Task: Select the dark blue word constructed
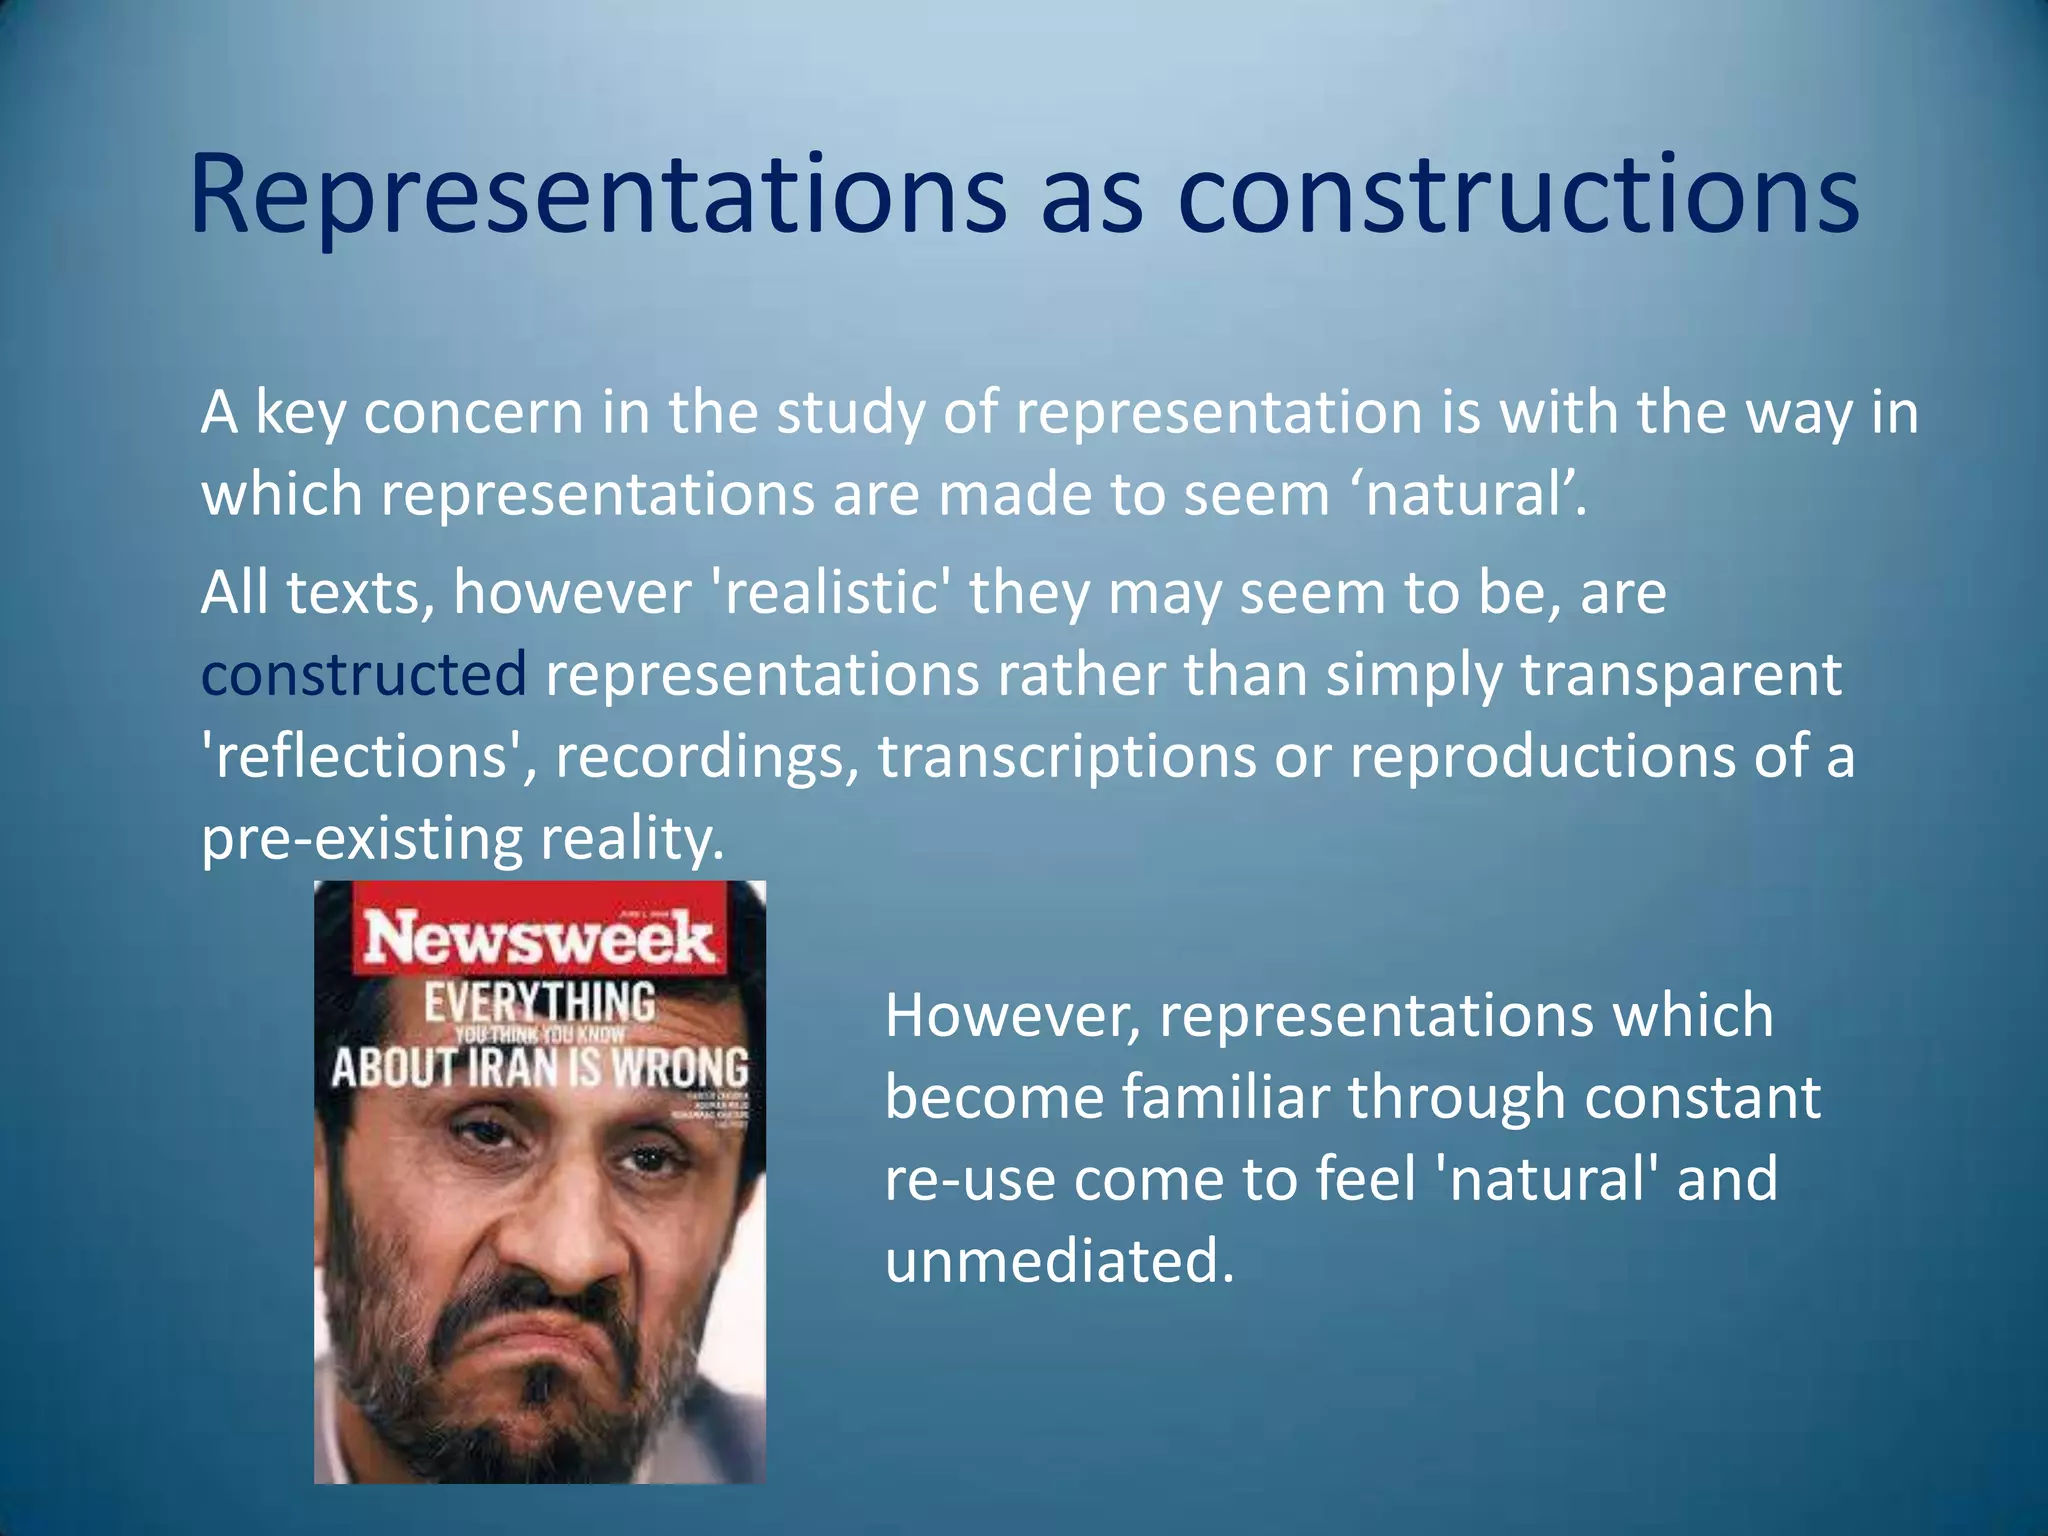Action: (x=364, y=674)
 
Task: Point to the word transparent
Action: (x=1681, y=674)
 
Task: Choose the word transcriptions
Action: (x=1066, y=756)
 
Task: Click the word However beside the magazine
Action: (x=1011, y=1016)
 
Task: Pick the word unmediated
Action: (x=1059, y=1261)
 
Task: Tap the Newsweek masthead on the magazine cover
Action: (x=539, y=939)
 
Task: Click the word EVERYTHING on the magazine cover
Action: (x=539, y=1002)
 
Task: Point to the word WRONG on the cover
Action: (x=680, y=1068)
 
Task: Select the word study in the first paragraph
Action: (x=850, y=412)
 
